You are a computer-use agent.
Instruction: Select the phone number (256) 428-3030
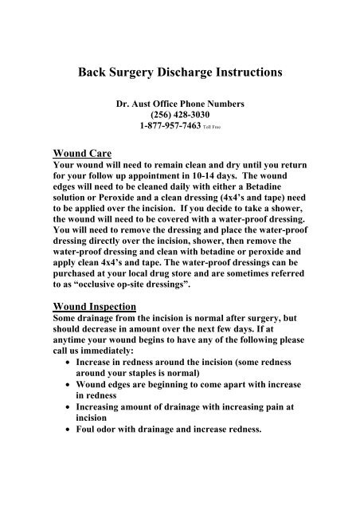(180, 113)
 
